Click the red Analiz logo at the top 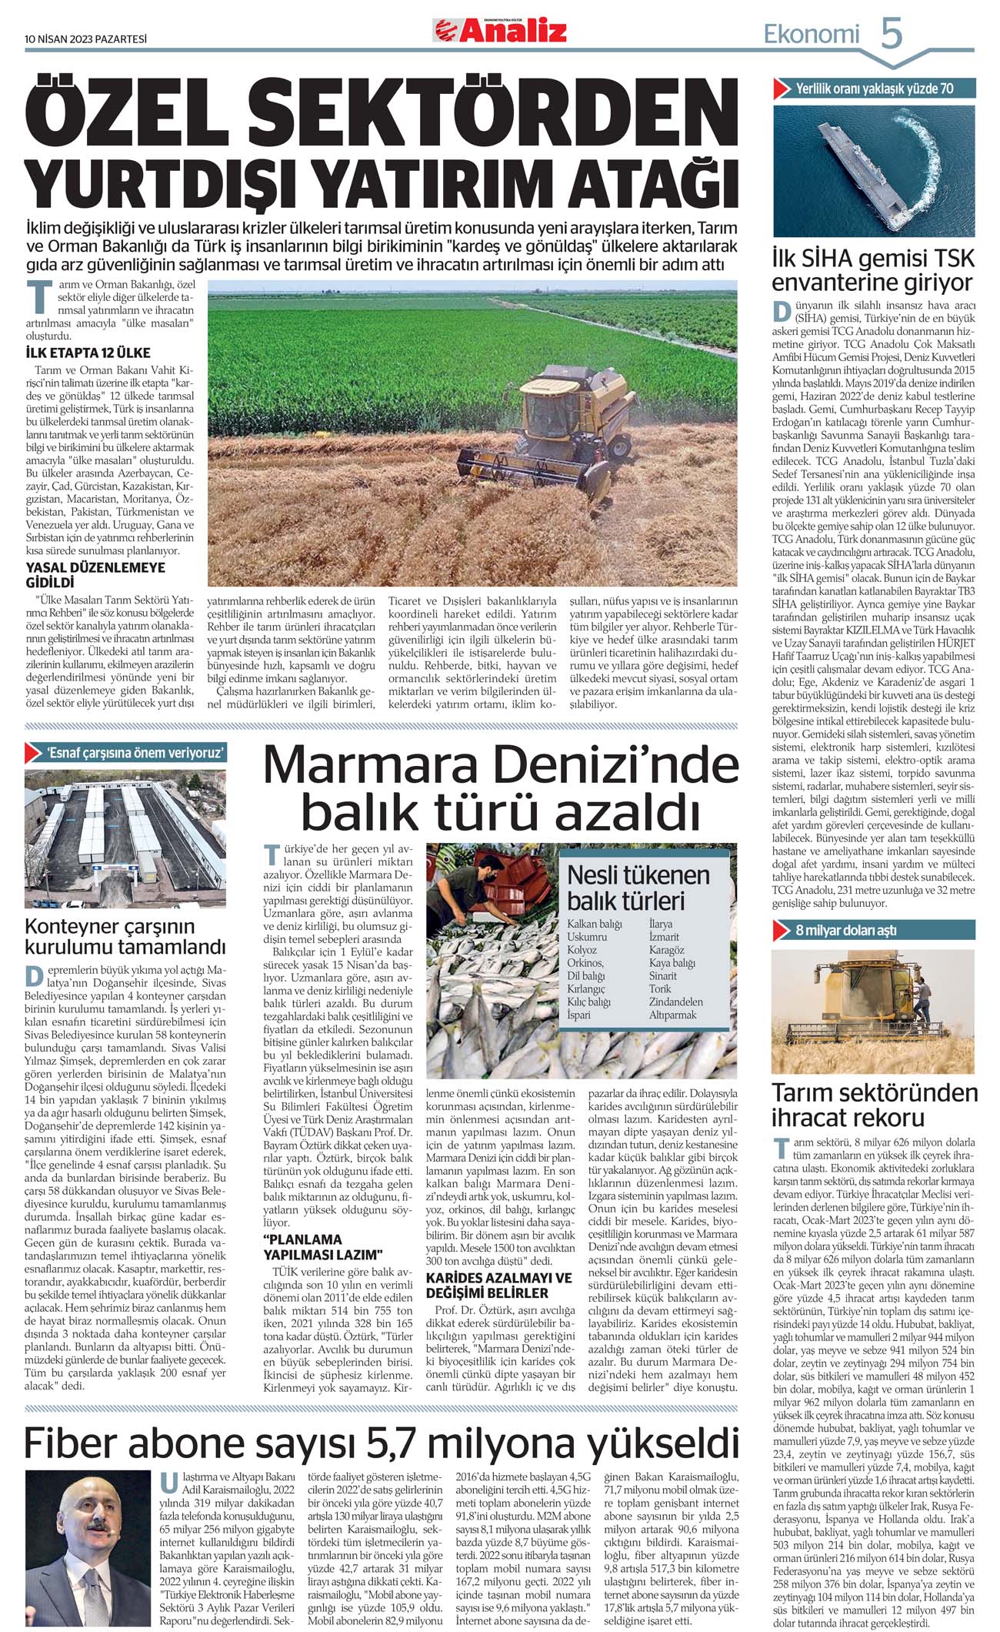[500, 31]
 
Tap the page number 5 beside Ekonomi [891, 35]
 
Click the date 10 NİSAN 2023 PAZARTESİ [85, 38]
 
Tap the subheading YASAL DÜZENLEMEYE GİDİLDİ [95, 575]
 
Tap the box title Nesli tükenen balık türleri [638, 888]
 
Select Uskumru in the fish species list [587, 937]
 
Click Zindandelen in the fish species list [675, 1002]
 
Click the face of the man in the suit [92, 1508]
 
